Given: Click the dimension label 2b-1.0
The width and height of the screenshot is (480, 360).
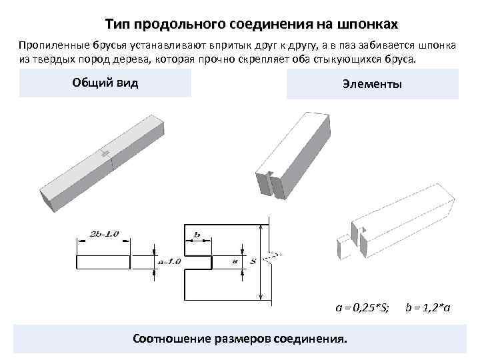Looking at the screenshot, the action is point(103,233).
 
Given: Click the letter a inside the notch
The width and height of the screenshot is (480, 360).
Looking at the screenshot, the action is point(235,261).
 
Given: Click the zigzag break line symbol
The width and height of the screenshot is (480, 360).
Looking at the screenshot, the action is point(272,257).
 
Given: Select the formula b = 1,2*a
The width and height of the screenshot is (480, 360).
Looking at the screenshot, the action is point(428,307).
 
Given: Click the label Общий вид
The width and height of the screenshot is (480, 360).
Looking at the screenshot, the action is point(105,83).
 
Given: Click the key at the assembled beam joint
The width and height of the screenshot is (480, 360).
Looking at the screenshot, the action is point(105,153).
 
